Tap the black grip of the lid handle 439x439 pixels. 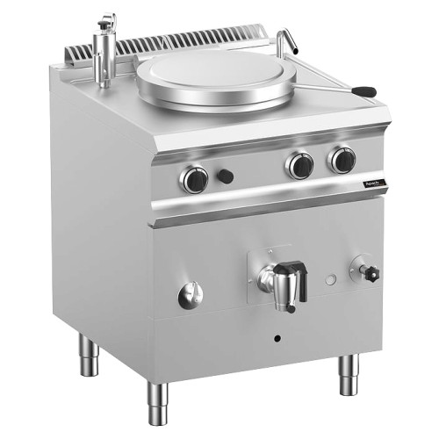(363, 91)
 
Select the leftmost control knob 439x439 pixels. (194, 178)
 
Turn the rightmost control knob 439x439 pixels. (342, 160)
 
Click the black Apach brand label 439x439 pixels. (375, 183)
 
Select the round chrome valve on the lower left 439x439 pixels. (190, 296)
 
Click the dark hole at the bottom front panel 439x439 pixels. (277, 338)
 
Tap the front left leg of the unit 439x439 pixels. (158, 399)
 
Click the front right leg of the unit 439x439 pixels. (349, 374)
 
